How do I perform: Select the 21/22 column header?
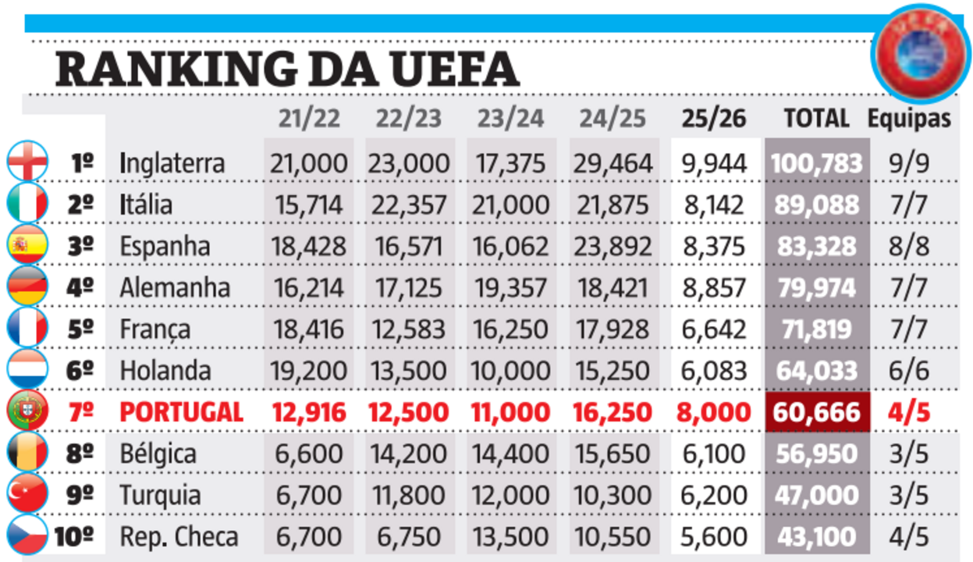[309, 119]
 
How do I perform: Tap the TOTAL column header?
[816, 119]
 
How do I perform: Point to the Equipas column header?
[909, 119]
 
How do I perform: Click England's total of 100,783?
[816, 163]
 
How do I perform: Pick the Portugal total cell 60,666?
[816, 412]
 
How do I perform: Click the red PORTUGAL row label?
[182, 412]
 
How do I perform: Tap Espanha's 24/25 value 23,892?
[613, 247]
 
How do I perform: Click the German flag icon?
[28, 287]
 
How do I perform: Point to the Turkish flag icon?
[28, 493]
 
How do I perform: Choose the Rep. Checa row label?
[179, 537]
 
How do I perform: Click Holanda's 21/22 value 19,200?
[309, 371]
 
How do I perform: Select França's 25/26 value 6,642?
[713, 329]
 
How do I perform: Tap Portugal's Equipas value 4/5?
[909, 412]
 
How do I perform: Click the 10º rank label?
[75, 537]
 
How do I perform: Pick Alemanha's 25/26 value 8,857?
[713, 288]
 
